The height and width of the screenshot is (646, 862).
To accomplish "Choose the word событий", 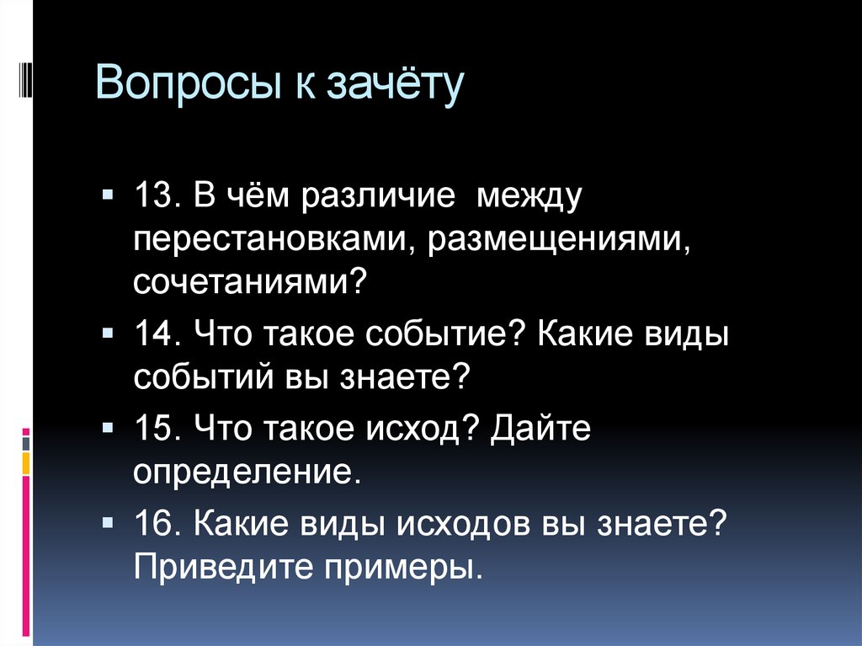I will click(x=196, y=376).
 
